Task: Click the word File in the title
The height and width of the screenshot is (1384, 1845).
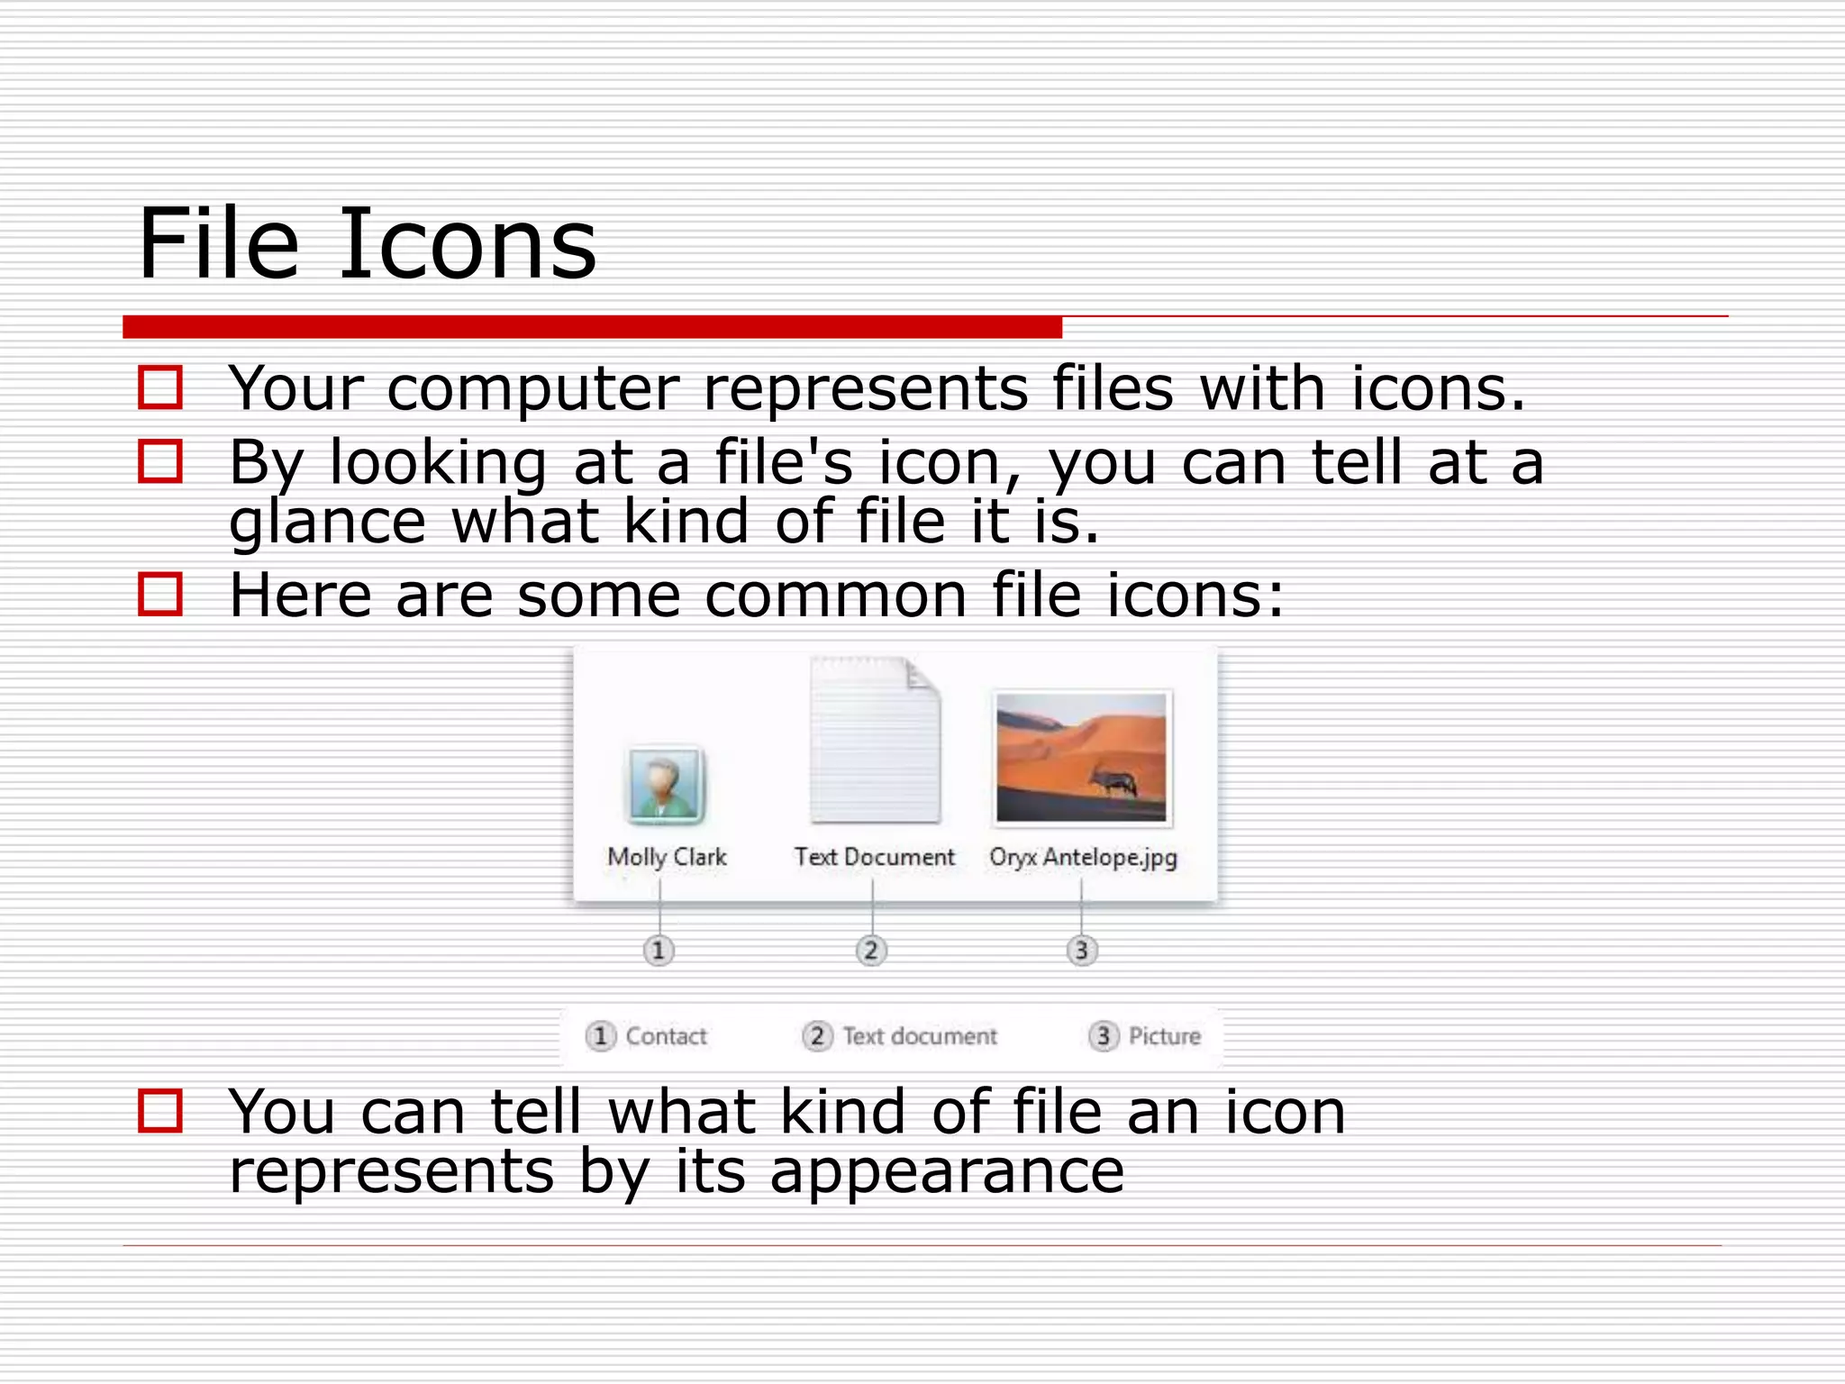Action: [218, 243]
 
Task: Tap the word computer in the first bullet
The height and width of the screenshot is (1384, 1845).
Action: [532, 389]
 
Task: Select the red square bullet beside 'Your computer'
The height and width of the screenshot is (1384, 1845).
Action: [160, 387]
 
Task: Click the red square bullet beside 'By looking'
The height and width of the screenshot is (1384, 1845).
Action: [160, 460]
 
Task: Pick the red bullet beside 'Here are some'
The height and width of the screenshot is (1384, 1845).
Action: [160, 595]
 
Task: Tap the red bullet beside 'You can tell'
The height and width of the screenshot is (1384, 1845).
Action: [160, 1110]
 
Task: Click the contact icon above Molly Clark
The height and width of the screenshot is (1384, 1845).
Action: [665, 785]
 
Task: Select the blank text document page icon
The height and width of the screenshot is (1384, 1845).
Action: [875, 741]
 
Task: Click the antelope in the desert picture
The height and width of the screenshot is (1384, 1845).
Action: [1113, 779]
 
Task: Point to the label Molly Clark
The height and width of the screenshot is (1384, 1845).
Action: [667, 857]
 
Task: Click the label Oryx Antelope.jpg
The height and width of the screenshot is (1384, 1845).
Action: [1083, 857]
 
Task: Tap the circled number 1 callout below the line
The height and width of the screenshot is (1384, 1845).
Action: [659, 950]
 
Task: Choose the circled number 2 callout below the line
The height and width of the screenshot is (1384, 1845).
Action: [871, 950]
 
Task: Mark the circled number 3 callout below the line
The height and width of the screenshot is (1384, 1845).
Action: [1082, 950]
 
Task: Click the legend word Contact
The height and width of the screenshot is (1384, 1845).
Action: [666, 1036]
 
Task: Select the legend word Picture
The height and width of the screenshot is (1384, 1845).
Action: [1164, 1036]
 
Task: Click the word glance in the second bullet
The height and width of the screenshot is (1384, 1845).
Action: [327, 523]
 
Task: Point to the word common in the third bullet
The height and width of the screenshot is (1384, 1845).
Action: [836, 596]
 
